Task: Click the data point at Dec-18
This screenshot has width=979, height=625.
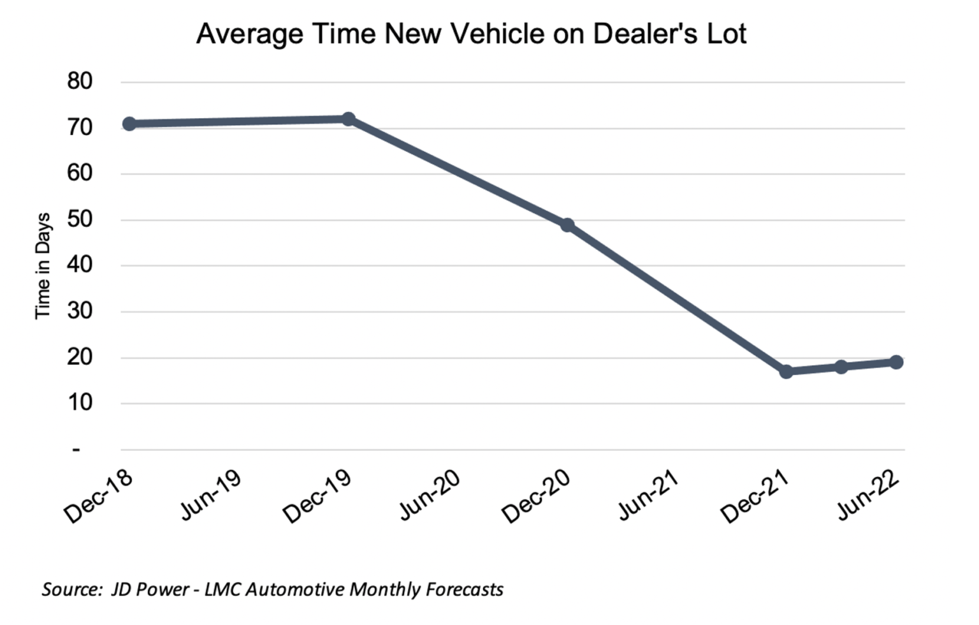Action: point(129,124)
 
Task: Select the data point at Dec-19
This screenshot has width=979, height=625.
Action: point(348,119)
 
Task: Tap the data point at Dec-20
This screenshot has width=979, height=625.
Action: point(567,225)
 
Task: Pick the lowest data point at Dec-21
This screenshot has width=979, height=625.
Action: point(786,371)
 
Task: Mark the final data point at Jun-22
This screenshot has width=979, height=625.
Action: point(896,362)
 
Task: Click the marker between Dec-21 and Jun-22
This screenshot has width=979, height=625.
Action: point(841,367)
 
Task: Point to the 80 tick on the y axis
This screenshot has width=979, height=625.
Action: point(80,82)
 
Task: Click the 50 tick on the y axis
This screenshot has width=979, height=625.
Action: point(80,219)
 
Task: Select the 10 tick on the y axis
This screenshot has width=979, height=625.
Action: point(80,403)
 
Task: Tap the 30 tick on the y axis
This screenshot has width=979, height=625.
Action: point(80,311)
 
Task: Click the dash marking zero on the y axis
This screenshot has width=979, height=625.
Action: point(76,450)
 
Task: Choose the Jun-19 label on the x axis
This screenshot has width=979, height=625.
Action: point(210,496)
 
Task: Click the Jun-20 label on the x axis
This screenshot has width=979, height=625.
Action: point(429,496)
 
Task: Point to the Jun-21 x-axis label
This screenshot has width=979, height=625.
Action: point(648,496)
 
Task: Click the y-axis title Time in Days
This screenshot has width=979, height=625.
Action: point(43,266)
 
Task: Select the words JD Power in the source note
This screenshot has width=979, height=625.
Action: point(150,589)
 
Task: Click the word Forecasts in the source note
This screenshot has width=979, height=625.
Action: point(465,589)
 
